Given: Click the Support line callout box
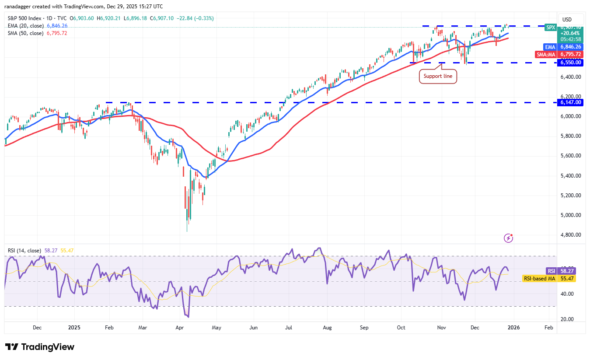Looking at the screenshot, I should click(438, 77).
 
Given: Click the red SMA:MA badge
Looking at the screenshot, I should click(546, 55).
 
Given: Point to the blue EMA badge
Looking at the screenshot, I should click(550, 47).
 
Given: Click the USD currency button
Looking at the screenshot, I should click(567, 19).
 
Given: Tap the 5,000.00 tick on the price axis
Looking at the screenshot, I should click(571, 215).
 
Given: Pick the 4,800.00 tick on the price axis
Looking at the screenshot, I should click(571, 235).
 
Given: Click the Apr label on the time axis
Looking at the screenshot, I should click(179, 327).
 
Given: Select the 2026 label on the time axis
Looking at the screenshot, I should click(513, 327).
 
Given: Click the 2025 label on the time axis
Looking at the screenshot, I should click(74, 327).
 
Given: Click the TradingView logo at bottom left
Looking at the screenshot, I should click(40, 347).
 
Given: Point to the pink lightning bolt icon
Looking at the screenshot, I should click(508, 238).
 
